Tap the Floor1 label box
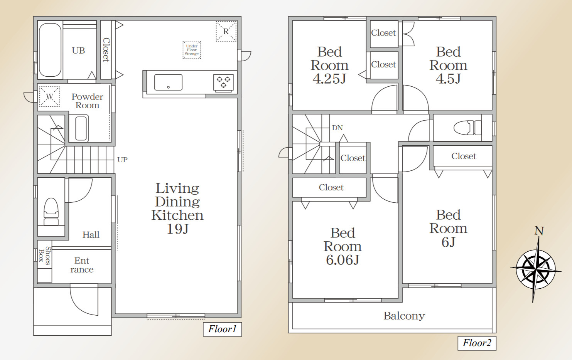click(222, 330)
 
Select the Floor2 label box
click(477, 343)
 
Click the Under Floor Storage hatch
click(192, 50)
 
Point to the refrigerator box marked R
click(226, 31)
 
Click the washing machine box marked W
click(49, 96)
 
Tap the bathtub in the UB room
click(50, 50)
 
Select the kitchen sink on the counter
click(168, 82)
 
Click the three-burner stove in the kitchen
click(223, 82)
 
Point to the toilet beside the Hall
click(51, 212)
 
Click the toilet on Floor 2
click(467, 128)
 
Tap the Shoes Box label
click(44, 256)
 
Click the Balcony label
click(404, 316)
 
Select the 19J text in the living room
click(177, 229)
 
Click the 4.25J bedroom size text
click(329, 78)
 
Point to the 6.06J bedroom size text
click(343, 260)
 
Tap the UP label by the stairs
click(122, 160)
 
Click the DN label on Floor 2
click(337, 128)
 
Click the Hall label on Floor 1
click(91, 235)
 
